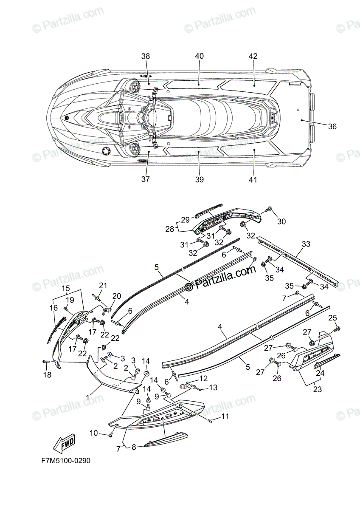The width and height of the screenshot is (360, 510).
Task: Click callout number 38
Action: [146, 56]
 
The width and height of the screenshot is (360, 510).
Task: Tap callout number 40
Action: [200, 56]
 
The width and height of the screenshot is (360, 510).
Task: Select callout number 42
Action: [253, 56]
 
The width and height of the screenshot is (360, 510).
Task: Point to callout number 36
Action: [332, 126]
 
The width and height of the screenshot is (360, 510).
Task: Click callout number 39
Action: [200, 180]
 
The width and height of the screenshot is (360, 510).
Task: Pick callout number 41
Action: [253, 180]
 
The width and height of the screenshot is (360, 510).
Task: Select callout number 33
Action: [306, 244]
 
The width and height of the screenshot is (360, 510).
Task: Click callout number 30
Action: [282, 221]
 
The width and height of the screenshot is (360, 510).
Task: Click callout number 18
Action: [47, 374]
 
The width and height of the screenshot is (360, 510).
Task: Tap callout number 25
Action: [333, 317]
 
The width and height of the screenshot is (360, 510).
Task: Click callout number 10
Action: [94, 433]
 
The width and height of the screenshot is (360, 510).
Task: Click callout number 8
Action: [134, 447]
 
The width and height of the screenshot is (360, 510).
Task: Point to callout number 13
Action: [213, 387]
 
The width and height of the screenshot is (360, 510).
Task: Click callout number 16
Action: [53, 308]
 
